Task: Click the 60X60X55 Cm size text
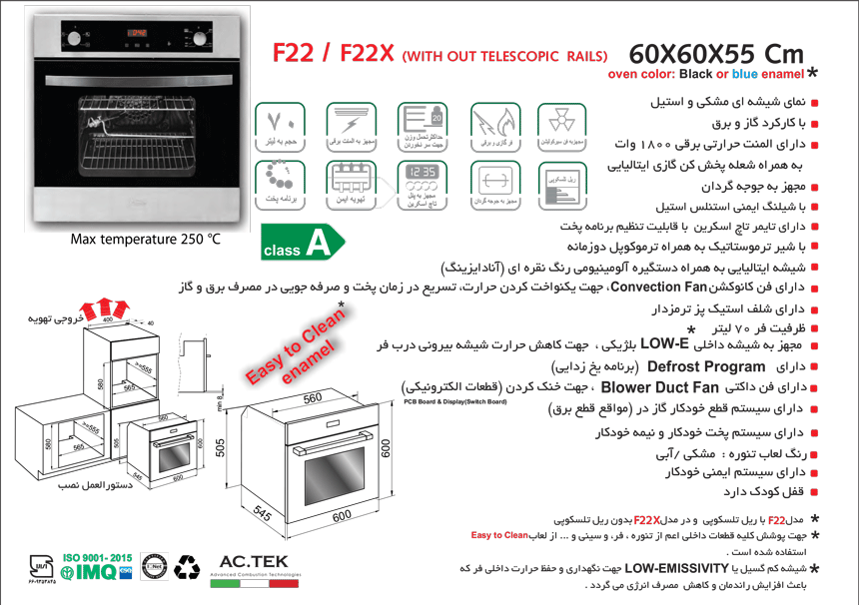(714, 53)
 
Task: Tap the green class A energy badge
(300, 243)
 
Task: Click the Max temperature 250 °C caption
(146, 240)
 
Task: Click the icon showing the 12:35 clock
(418, 180)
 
